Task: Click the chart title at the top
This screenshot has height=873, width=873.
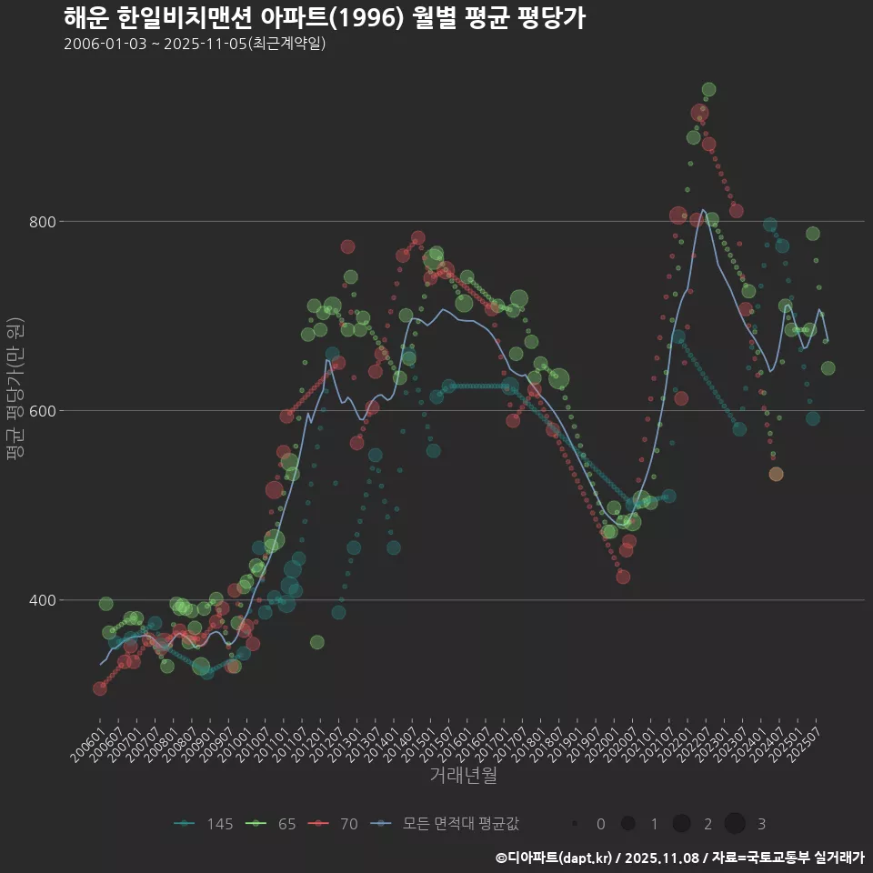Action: click(324, 18)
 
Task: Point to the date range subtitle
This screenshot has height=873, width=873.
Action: click(195, 45)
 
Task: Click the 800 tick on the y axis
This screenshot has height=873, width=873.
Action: click(43, 221)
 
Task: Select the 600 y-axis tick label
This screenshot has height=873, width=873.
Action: click(43, 411)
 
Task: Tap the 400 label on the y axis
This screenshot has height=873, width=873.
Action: click(43, 600)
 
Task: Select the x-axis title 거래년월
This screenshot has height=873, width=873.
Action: click(463, 776)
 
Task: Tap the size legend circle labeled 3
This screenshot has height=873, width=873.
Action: click(736, 824)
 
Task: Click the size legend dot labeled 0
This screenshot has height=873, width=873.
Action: click(575, 824)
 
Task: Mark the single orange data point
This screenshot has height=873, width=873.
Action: click(776, 474)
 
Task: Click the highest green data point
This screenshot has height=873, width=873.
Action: click(708, 89)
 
